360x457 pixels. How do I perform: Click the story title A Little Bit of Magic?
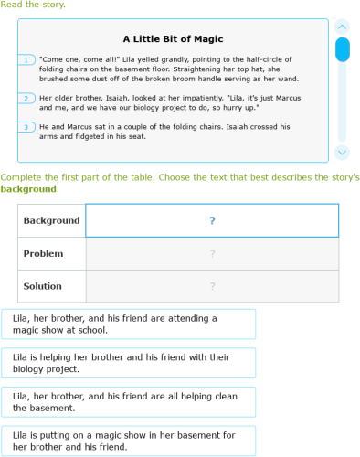click(173, 39)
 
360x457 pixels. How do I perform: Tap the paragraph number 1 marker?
click(26, 60)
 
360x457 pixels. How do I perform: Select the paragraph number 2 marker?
click(26, 98)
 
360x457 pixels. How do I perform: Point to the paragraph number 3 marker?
click(26, 127)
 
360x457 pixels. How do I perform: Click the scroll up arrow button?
click(342, 27)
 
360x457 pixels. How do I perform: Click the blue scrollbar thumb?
click(342, 48)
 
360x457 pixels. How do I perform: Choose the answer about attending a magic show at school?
click(135, 324)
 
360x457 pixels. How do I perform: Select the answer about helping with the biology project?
click(135, 363)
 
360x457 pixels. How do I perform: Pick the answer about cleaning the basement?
click(135, 401)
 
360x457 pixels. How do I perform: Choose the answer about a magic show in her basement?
click(135, 441)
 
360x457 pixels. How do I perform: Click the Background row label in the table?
click(51, 221)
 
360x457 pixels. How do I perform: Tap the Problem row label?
click(43, 254)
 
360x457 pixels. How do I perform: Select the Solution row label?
click(43, 286)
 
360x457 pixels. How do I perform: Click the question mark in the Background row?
click(212, 221)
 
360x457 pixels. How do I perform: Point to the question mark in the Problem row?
click(212, 254)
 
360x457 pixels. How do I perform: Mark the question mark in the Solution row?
click(212, 286)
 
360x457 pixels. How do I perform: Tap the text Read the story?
click(33, 5)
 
